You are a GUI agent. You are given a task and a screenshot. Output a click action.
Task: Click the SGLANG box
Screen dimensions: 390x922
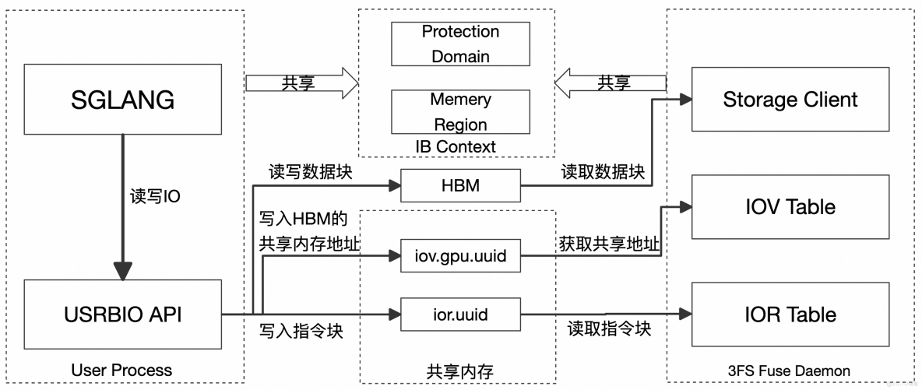point(122,100)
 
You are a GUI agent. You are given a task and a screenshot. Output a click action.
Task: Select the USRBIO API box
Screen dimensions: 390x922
point(122,314)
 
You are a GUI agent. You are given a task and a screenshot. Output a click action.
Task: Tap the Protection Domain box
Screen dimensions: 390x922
point(460,44)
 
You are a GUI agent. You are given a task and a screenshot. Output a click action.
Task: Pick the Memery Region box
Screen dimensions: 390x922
point(460,111)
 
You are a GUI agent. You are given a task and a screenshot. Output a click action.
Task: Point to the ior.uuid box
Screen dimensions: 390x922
point(459,314)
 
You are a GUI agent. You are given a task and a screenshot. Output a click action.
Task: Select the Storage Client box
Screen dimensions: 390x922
point(790,100)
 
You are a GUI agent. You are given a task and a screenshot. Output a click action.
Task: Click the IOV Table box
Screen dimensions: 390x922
point(790,206)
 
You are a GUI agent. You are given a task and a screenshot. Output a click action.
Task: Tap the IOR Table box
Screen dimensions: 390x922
point(790,314)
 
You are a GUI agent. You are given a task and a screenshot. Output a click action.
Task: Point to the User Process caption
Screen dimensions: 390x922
point(121,370)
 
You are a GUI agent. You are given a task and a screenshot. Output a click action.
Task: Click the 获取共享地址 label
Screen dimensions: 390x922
point(609,244)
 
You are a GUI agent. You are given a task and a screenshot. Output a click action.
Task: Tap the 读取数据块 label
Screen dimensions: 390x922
point(603,172)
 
